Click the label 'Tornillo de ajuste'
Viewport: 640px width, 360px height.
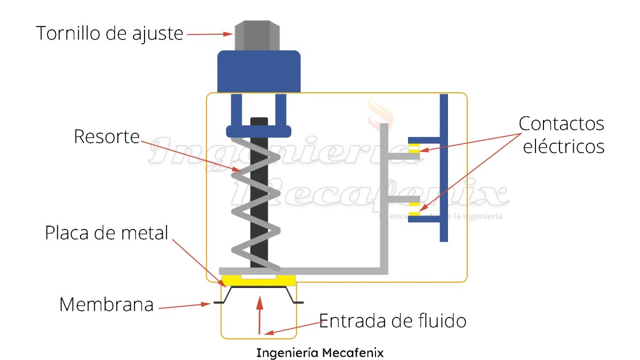coord(109,33)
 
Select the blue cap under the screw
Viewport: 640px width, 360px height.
coord(259,71)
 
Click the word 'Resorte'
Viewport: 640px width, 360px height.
coord(106,137)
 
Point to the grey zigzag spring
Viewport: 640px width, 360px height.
coord(255,203)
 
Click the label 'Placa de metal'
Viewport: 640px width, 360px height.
coord(107,233)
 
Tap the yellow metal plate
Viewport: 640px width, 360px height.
coord(259,281)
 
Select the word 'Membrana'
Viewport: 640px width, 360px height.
coord(106,305)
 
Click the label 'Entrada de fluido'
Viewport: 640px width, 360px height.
coord(393,321)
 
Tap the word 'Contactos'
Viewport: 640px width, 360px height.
coord(561,124)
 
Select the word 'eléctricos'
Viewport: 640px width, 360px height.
coord(563,147)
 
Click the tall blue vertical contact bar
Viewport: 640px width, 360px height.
coord(444,167)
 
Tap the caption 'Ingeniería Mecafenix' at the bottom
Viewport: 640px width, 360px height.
coord(319,353)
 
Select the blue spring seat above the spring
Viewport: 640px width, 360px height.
coord(259,131)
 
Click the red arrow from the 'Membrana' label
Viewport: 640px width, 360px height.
coord(185,306)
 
